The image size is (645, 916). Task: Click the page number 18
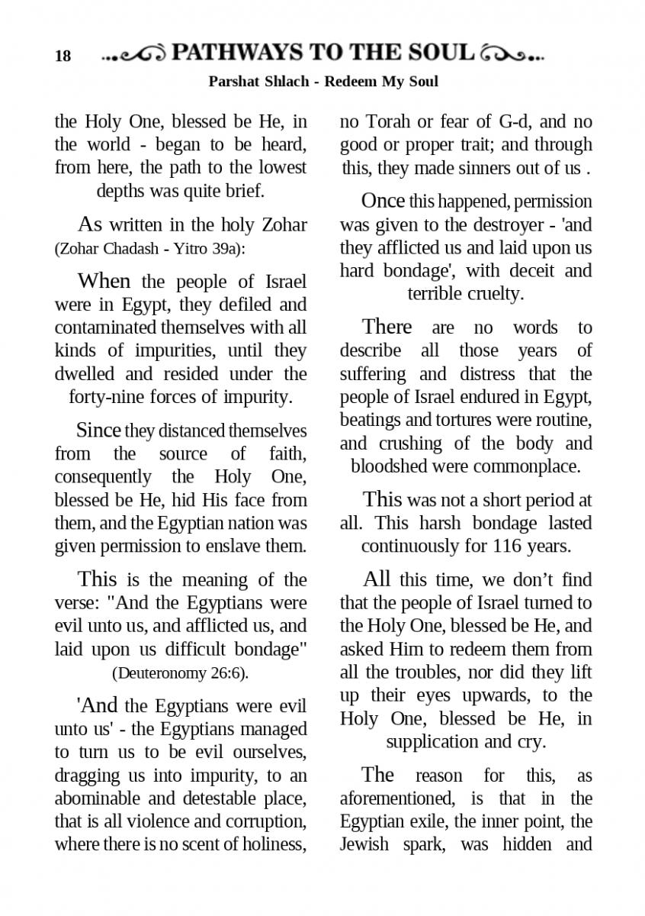pos(63,56)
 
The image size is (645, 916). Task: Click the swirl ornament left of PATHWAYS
pos(135,54)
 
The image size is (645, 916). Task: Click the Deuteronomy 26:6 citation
pos(181,673)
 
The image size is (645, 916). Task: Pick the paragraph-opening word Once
pos(383,201)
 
